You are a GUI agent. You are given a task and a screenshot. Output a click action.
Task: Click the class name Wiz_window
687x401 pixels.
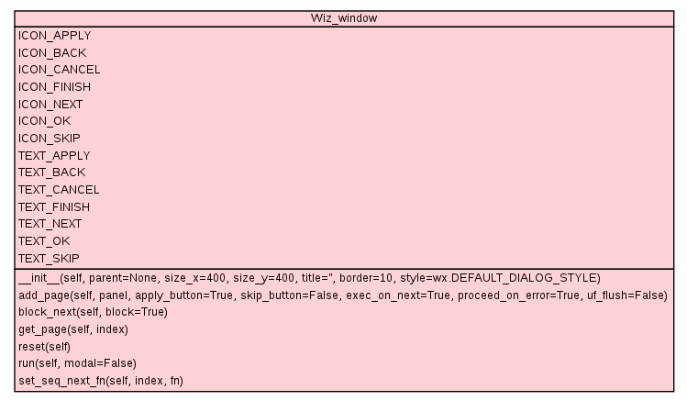pyautogui.click(x=344, y=18)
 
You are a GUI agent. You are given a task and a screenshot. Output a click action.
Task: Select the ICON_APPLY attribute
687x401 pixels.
pyautogui.click(x=54, y=36)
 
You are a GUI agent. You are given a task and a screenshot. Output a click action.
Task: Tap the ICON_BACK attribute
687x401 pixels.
pyautogui.click(x=51, y=53)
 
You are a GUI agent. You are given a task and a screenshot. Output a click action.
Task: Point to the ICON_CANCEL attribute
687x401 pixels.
pyautogui.click(x=59, y=70)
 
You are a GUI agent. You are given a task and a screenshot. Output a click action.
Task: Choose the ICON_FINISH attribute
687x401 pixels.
pyautogui.click(x=54, y=87)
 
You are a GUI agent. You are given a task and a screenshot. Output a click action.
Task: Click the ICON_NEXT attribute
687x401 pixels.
pyautogui.click(x=50, y=105)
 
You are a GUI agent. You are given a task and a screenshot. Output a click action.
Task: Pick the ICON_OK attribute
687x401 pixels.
pyautogui.click(x=44, y=121)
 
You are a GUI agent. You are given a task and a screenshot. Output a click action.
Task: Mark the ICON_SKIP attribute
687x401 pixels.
pyautogui.click(x=49, y=139)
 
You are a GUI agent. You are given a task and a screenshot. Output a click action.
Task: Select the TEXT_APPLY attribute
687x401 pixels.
pyautogui.click(x=54, y=156)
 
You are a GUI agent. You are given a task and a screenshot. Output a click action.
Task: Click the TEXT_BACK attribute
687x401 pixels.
pyautogui.click(x=51, y=173)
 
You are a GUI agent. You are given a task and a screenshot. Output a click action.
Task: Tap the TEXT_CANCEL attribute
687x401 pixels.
pyautogui.click(x=59, y=190)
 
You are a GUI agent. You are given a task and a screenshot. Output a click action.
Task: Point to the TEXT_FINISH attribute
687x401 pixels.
pyautogui.click(x=54, y=207)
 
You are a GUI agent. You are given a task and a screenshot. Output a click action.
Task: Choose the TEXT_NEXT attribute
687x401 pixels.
pyautogui.click(x=50, y=224)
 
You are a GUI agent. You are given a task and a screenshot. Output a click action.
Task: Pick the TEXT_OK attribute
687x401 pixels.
pyautogui.click(x=44, y=241)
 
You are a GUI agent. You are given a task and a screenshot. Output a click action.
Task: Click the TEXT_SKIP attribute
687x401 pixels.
pyautogui.click(x=49, y=259)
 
